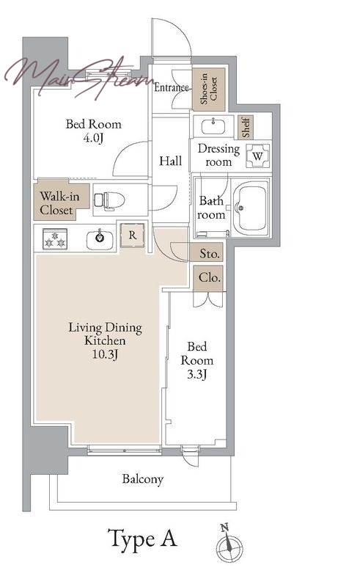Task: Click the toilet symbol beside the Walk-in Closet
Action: pyautogui.click(x=109, y=200)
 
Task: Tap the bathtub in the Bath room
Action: pyautogui.click(x=251, y=207)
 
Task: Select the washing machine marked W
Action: pyautogui.click(x=258, y=156)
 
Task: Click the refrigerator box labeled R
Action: pyautogui.click(x=133, y=236)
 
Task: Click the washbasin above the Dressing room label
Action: pyautogui.click(x=213, y=125)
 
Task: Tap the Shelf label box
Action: pyautogui.click(x=246, y=127)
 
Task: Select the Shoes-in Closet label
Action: pyautogui.click(x=209, y=89)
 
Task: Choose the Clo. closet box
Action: pyautogui.click(x=208, y=278)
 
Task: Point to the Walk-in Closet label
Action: pyautogui.click(x=59, y=203)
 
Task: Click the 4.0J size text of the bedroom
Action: pyautogui.click(x=93, y=138)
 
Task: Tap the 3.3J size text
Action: pyautogui.click(x=196, y=374)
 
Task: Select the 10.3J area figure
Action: pyautogui.click(x=105, y=354)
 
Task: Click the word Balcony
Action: pyautogui.click(x=142, y=479)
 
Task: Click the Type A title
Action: pyautogui.click(x=142, y=539)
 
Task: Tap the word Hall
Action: pyautogui.click(x=170, y=161)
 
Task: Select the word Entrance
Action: pyautogui.click(x=172, y=87)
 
